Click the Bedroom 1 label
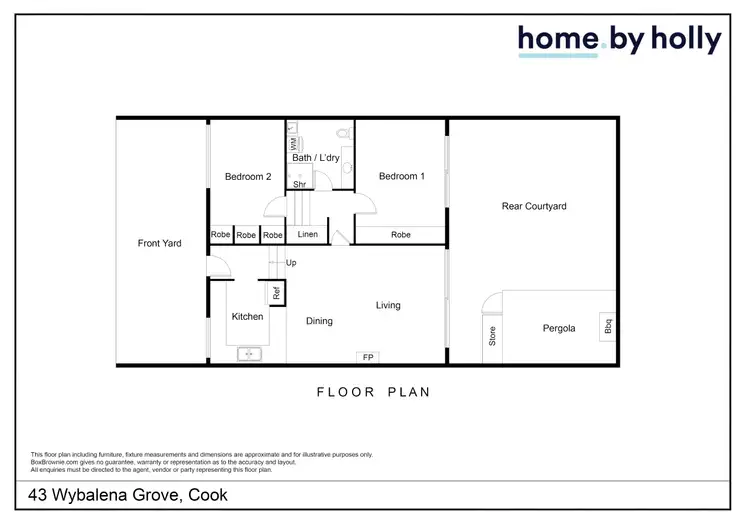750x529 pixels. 401,177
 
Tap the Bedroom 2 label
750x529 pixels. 247,177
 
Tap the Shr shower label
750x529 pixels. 298,185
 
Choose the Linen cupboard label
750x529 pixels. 308,235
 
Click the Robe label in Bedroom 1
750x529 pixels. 400,235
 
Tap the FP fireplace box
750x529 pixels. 368,357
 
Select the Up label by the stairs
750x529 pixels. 291,263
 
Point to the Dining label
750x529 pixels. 319,321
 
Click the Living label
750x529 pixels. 388,305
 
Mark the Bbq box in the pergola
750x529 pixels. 607,326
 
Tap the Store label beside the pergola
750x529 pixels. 491,336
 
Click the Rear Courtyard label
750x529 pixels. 533,207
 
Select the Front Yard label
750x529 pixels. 159,243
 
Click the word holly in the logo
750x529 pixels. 686,40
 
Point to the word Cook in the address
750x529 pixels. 206,495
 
